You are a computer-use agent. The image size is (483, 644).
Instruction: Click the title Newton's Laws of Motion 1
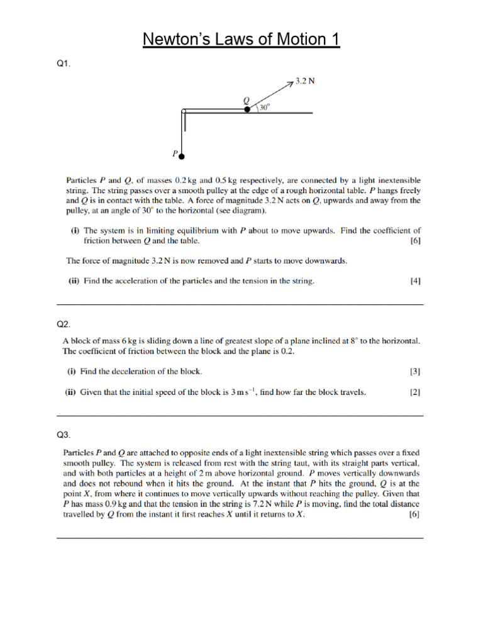(241, 40)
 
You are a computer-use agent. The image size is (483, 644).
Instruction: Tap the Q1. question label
(64, 65)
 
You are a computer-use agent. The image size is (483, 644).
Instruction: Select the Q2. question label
(64, 325)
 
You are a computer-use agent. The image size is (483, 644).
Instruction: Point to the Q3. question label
(64, 435)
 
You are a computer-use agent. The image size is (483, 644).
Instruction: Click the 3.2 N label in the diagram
(305, 82)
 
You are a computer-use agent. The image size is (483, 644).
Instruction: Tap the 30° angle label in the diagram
(264, 108)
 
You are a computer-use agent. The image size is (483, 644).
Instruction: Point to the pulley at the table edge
(184, 112)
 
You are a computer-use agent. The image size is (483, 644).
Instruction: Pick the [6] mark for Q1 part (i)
(415, 241)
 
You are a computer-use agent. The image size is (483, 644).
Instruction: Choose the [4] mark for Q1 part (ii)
(415, 281)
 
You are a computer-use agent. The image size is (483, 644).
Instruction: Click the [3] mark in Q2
(415, 371)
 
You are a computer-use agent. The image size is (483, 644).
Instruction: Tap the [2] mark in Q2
(415, 392)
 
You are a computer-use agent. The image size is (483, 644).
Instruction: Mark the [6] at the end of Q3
(414, 514)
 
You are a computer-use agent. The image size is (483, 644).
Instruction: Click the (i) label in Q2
(72, 371)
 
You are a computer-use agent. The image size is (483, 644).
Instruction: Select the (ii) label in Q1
(73, 281)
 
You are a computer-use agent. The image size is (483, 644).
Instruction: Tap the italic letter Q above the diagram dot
(247, 99)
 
